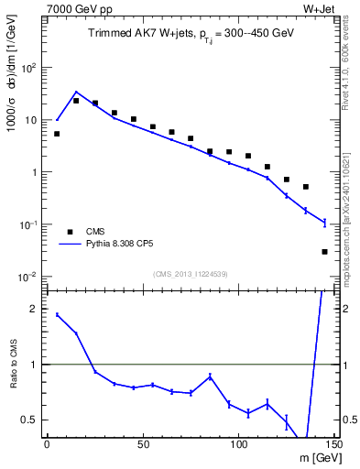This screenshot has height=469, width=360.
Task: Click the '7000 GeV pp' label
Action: click(x=74, y=9)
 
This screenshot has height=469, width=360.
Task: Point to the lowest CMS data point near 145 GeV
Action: click(x=325, y=252)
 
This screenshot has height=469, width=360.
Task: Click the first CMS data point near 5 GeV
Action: click(x=57, y=134)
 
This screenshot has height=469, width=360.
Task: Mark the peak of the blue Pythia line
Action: click(x=76, y=92)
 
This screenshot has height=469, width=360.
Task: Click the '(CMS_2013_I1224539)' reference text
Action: click(x=191, y=274)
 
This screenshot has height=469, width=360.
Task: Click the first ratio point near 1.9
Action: click(x=57, y=315)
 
